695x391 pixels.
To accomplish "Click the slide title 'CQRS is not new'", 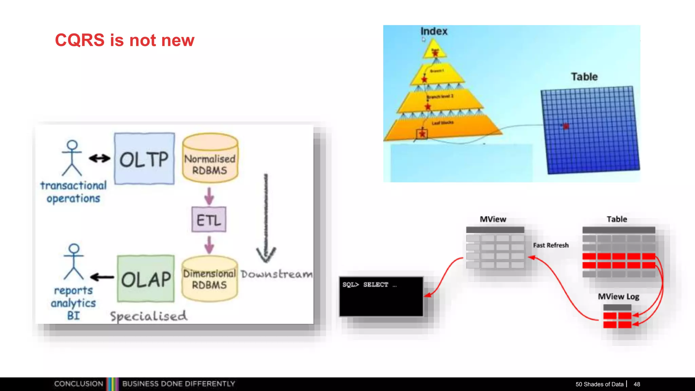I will [125, 40].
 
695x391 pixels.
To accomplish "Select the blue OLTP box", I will [144, 159].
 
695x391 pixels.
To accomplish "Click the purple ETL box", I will [209, 220].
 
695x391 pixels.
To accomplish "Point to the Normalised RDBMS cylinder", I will [210, 160].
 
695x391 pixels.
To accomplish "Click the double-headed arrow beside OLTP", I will [99, 158].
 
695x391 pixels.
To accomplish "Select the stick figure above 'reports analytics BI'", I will [74, 261].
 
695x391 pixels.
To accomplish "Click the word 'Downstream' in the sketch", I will [277, 274].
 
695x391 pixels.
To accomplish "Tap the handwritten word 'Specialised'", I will [148, 316].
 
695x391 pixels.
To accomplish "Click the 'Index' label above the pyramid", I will [434, 31].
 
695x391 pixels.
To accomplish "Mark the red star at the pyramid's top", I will [435, 52].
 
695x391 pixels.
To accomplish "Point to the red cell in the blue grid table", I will [566, 126].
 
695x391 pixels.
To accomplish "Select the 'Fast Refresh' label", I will [550, 245].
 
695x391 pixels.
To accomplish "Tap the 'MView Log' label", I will [618, 297].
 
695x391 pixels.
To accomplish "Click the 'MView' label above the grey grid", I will [493, 219].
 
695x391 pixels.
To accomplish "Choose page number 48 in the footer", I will [637, 384].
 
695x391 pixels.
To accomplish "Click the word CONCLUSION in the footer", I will [78, 384].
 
